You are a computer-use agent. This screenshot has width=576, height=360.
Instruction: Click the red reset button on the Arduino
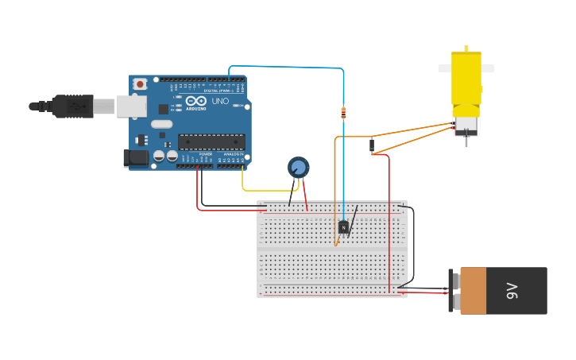(140, 83)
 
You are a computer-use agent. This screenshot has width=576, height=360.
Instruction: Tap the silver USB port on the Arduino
(131, 106)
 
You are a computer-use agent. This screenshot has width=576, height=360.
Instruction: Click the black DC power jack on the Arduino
(137, 157)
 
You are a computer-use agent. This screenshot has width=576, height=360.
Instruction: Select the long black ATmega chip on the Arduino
(211, 141)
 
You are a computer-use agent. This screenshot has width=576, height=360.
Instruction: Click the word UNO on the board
(220, 102)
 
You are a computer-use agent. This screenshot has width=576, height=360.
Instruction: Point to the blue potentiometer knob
(298, 167)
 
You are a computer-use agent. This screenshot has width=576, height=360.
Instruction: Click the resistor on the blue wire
(343, 113)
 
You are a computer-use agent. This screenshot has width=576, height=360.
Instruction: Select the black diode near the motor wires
(372, 145)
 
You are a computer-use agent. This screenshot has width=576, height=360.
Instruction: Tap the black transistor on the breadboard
(343, 227)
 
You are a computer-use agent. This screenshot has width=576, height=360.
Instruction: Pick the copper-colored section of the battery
(474, 291)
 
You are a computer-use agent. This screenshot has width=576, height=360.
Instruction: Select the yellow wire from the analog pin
(262, 191)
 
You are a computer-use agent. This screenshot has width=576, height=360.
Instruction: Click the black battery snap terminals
(451, 291)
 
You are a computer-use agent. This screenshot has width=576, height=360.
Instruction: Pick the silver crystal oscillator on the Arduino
(162, 124)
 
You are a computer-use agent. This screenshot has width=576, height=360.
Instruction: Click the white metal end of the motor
(466, 126)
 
